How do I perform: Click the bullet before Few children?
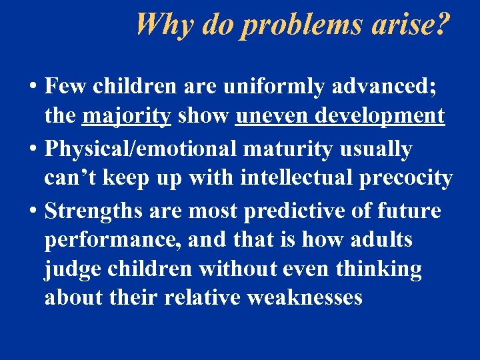[x=33, y=86]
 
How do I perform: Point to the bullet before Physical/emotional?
[x=33, y=149]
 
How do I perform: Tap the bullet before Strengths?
[x=33, y=211]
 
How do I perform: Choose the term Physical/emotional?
[x=141, y=149]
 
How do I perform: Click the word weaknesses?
[x=304, y=297]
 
